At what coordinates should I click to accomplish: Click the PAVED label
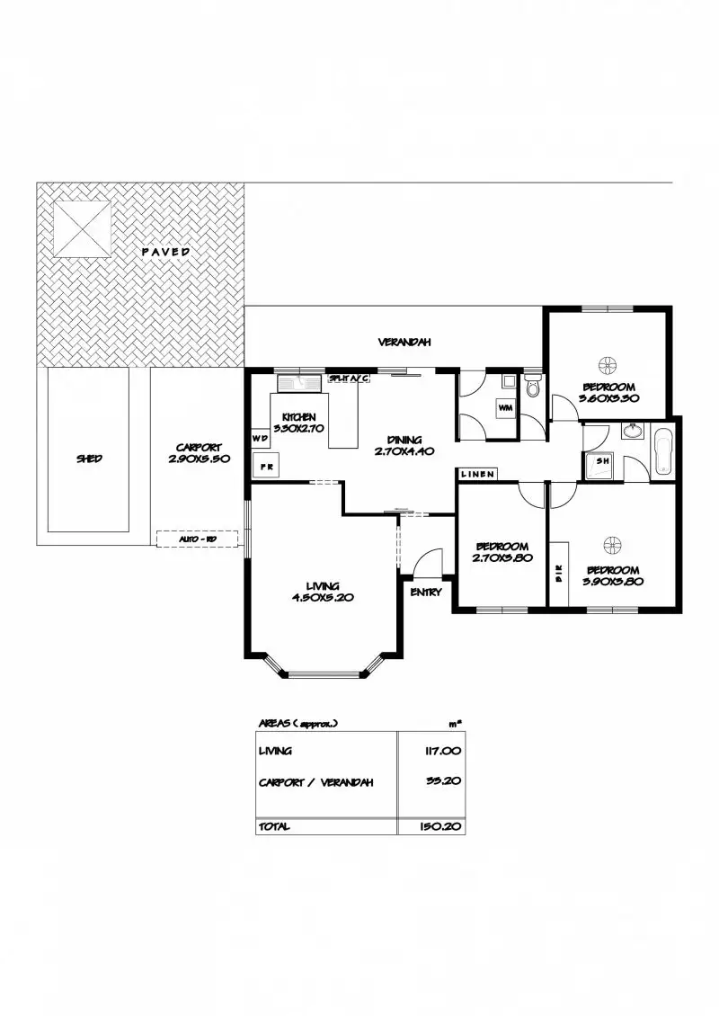pos(165,252)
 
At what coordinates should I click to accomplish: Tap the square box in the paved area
pos(82,227)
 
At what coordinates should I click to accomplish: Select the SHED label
pos(88,459)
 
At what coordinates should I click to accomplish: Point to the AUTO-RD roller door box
pos(197,539)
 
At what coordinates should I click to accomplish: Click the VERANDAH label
pos(404,342)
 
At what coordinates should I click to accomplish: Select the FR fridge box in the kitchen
pos(267,468)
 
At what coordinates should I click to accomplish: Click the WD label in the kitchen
pos(260,439)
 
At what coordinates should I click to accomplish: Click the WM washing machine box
pos(505,409)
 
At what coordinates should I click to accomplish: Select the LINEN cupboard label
pos(476,474)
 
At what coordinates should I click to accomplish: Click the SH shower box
pos(600,465)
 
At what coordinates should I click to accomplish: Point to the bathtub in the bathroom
pos(663,451)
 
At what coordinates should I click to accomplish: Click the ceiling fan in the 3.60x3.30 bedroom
pos(608,364)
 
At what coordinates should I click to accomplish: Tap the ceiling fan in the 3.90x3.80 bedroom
pos(612,543)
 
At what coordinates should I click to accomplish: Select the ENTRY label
pos(425,593)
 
